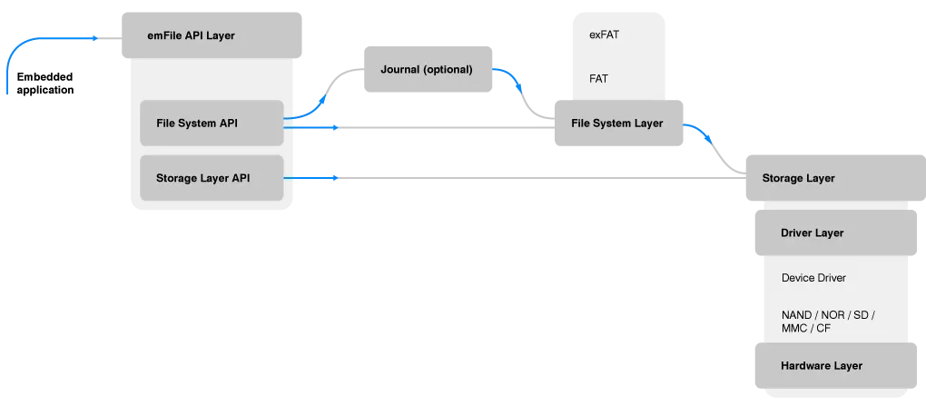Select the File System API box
(212, 123)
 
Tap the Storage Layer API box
(212, 178)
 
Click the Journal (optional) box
(428, 69)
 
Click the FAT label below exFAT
(598, 79)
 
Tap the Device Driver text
(813, 278)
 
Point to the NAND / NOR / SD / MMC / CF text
(827, 321)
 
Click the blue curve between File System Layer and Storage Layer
(703, 137)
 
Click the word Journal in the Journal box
(400, 69)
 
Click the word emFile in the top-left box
(163, 35)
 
